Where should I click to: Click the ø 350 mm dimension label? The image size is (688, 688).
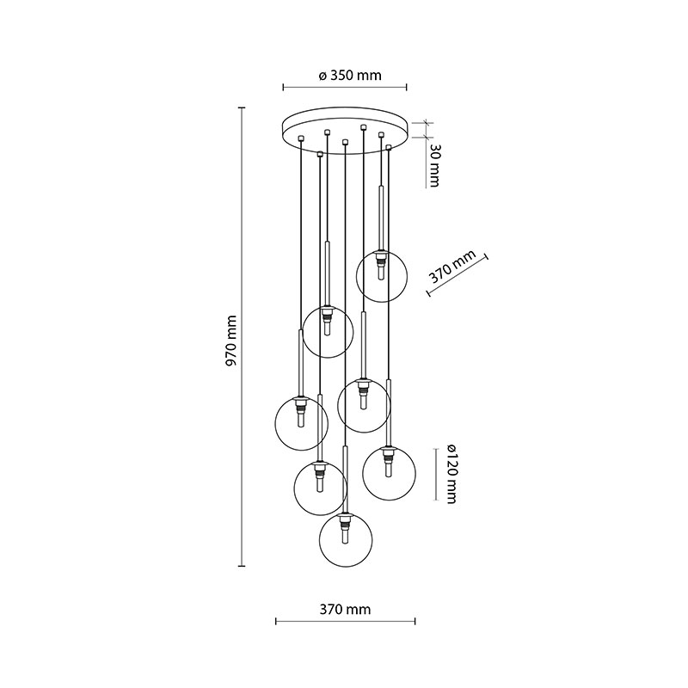350,76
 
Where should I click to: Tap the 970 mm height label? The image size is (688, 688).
230,340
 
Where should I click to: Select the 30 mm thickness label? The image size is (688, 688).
433,165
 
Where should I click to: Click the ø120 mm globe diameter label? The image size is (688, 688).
451,474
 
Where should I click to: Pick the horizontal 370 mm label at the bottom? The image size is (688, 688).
345,610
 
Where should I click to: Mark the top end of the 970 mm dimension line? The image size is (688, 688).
242,107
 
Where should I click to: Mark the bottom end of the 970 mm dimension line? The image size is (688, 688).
242,566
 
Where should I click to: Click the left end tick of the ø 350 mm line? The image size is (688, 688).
284,88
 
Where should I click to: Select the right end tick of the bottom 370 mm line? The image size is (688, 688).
415,621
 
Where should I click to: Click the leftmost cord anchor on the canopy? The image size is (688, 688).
300,138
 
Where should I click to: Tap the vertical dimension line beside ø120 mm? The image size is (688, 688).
435,475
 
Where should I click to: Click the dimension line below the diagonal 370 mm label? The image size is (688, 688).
458,275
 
